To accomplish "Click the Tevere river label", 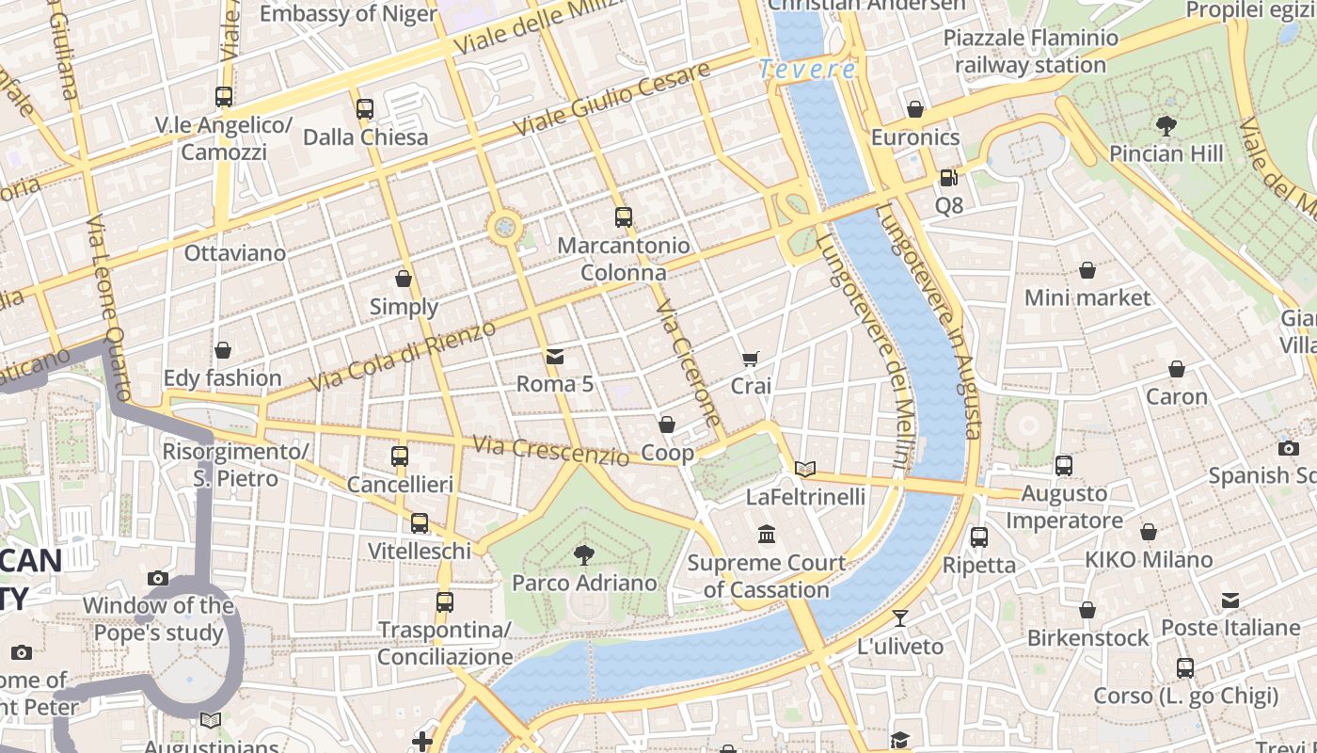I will coord(807,69).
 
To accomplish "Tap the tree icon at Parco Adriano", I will coord(584,554).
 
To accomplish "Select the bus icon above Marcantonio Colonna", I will coord(623,217).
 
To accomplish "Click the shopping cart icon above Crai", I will coord(750,358).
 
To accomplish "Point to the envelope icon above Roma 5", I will coord(555,356).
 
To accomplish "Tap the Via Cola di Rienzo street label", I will coord(402,357).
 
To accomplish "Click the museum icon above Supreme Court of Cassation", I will coord(767,535).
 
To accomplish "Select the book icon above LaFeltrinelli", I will coord(804,469).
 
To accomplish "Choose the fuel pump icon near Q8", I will coord(948,177).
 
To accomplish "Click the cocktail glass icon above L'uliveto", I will coord(900,618).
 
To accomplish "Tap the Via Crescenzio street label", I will coord(550,451).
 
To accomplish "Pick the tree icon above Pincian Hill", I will coord(1166,125).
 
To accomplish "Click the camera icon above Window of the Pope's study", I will coord(158,578).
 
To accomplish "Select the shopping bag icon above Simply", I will coord(404,279).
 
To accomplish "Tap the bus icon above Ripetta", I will coord(979,537).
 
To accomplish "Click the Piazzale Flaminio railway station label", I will coord(1030,52).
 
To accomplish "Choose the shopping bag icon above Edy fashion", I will coord(223,350).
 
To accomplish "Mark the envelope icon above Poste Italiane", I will coord(1230,600).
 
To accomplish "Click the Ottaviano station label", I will coord(234,253).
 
